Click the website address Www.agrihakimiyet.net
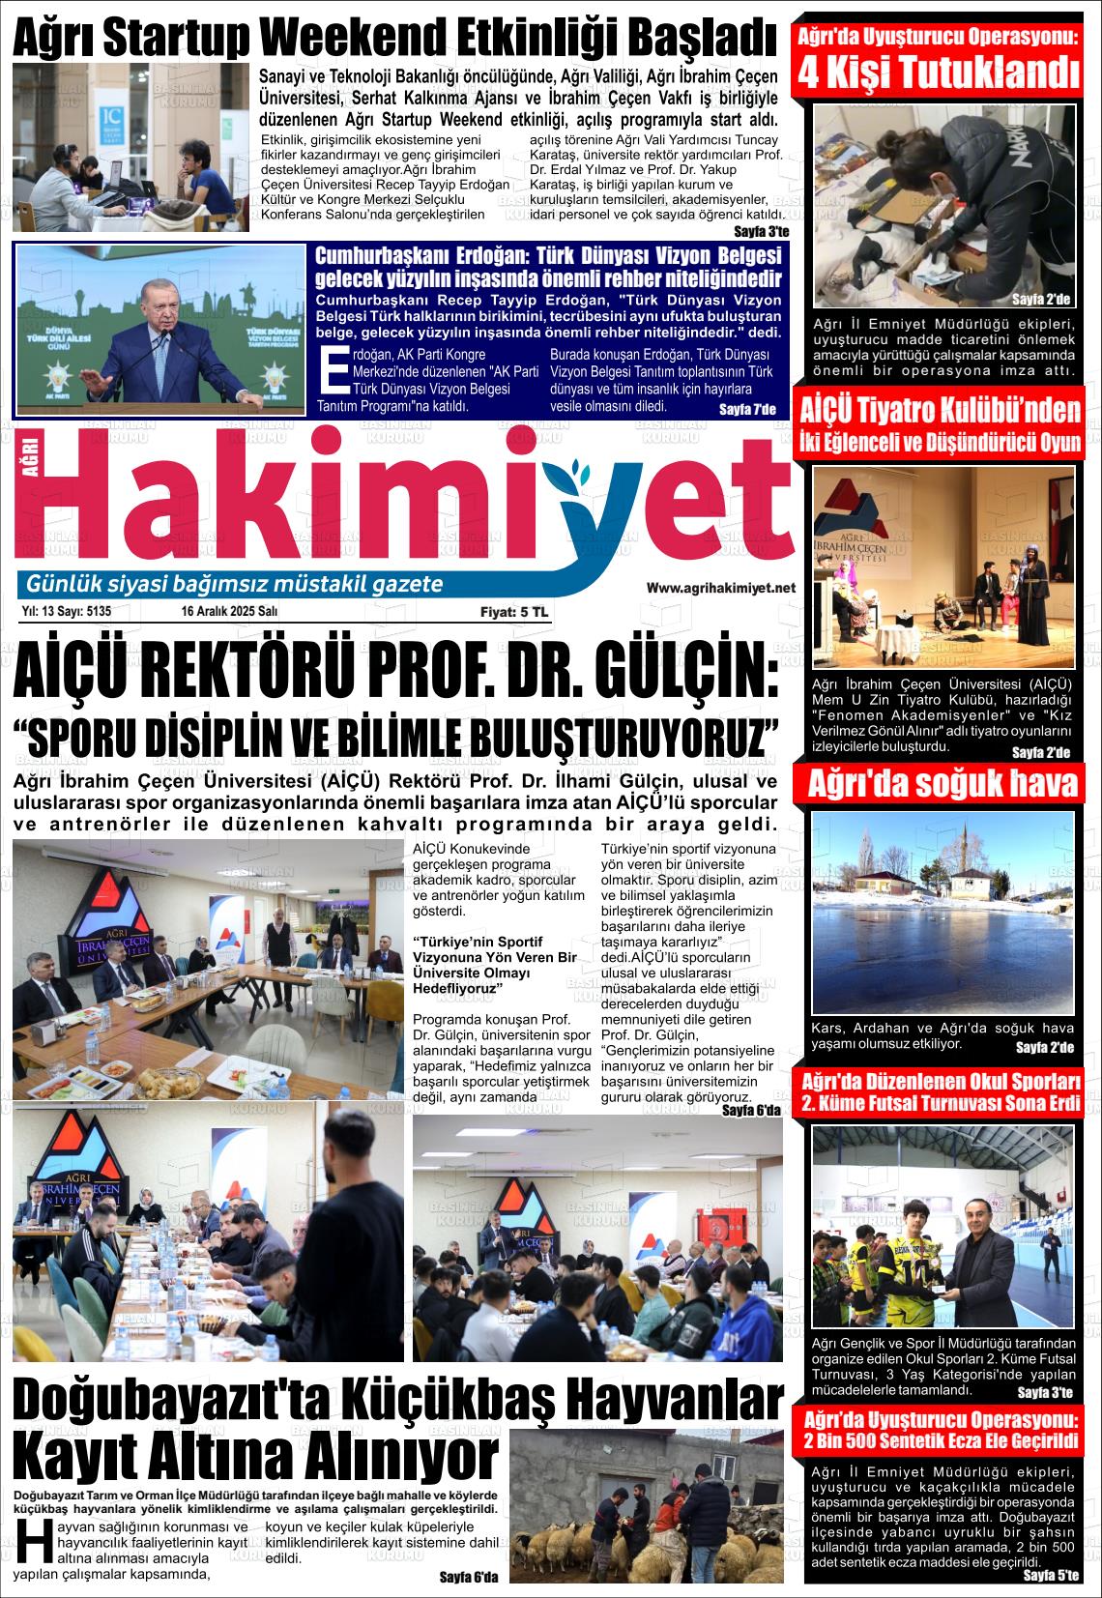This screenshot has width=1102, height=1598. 720,588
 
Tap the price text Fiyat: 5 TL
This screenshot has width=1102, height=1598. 513,612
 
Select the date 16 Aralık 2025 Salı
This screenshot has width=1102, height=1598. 229,611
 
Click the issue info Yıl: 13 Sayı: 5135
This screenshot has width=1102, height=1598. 66,611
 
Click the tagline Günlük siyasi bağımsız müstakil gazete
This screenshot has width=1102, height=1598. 235,584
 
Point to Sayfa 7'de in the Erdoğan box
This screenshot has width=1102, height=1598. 747,410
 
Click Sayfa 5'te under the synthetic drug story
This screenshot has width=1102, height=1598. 1050,1576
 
